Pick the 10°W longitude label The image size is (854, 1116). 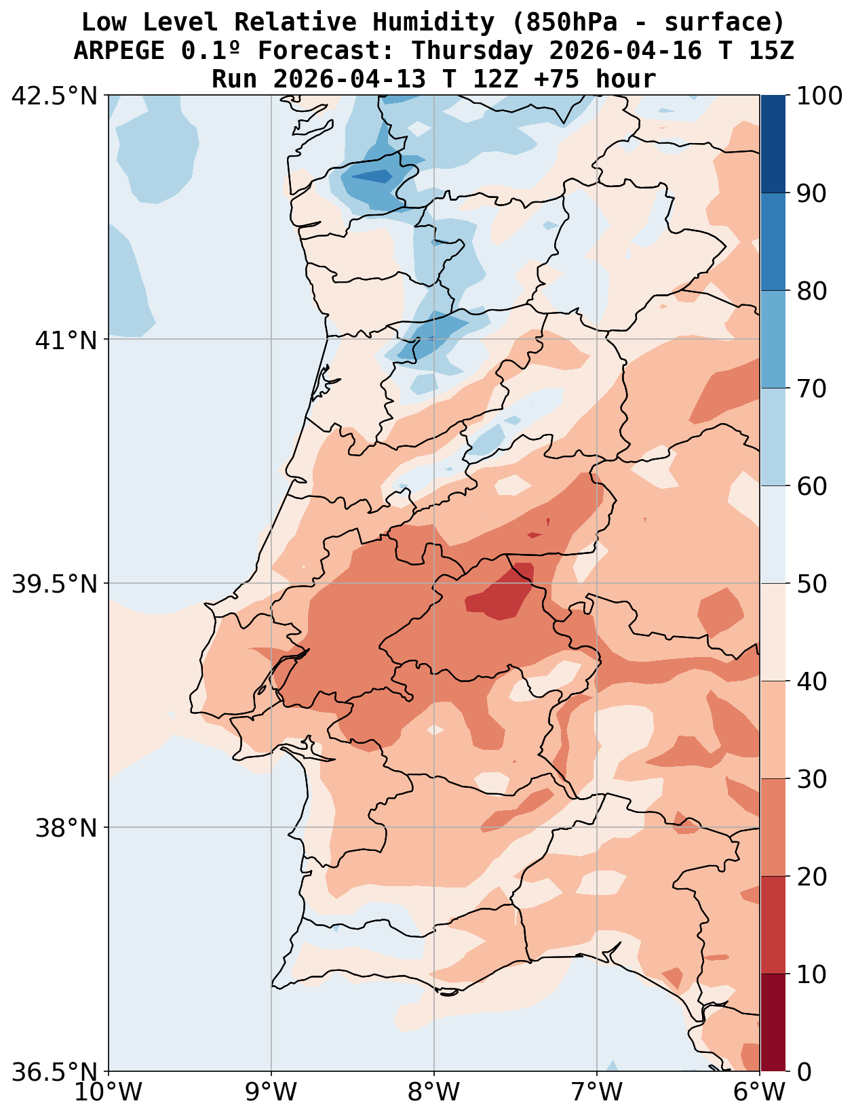pyautogui.click(x=109, y=1092)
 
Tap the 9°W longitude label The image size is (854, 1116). pyautogui.click(x=271, y=1092)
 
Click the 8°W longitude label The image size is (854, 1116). pyautogui.click(x=434, y=1092)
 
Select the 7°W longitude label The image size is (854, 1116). pyautogui.click(x=597, y=1092)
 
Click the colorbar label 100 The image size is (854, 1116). pyautogui.click(x=820, y=96)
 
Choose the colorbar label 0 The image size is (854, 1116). pyautogui.click(x=803, y=1072)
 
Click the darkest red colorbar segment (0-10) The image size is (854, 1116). pyautogui.click(x=773, y=1022)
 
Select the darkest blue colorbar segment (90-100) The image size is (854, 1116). pyautogui.click(x=773, y=144)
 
